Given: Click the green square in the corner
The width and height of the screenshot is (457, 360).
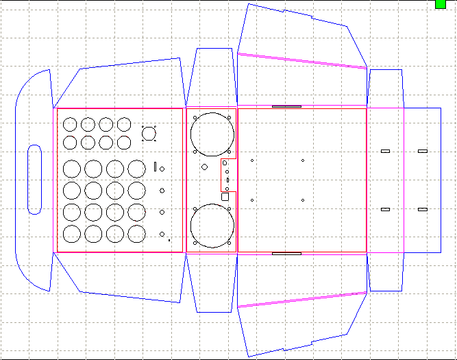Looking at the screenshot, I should click(441, 4).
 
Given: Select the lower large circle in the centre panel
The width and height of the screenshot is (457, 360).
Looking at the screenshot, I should click(212, 226).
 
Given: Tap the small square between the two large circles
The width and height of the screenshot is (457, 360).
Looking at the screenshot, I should click(225, 196).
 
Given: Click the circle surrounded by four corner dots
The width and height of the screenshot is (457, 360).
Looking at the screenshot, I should click(149, 132).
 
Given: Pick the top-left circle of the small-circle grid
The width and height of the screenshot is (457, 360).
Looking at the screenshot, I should click(70, 125).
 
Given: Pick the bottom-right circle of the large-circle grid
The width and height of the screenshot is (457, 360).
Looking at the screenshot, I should click(136, 234).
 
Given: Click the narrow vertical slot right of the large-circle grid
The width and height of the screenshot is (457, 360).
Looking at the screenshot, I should click(156, 166).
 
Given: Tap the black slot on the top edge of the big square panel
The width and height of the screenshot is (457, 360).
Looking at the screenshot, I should click(286, 106).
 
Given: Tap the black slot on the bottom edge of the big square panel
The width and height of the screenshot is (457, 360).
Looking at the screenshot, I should click(286, 253).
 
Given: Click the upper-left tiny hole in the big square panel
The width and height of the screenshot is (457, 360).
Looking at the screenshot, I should click(252, 161).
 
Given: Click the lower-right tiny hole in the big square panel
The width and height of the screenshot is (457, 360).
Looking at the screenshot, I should click(303, 200).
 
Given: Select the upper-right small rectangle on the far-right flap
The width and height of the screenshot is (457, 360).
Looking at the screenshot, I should click(422, 150).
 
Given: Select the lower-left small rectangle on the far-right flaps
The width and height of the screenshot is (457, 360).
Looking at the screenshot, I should click(385, 209).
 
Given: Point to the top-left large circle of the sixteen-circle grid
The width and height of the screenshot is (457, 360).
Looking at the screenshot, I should click(71, 168).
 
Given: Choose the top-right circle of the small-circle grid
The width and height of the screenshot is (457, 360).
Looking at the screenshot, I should click(123, 125).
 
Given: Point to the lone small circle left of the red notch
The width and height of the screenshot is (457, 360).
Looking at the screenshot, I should click(204, 167).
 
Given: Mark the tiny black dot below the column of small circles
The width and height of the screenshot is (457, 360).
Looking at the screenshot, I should click(169, 241).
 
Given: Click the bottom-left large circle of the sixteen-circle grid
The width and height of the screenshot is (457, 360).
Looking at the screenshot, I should click(71, 234).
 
